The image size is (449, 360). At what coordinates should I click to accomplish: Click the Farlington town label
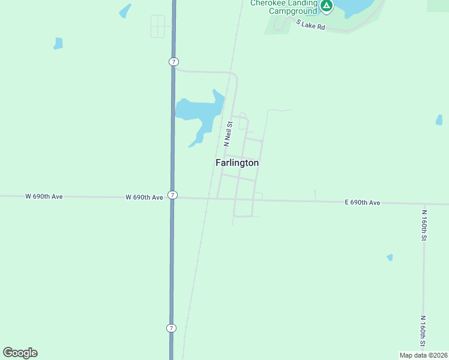tap(237, 163)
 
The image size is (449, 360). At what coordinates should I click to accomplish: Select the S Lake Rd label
tap(310, 25)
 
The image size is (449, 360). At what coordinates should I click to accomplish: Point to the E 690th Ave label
tap(363, 203)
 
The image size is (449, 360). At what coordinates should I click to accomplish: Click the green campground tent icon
tap(326, 6)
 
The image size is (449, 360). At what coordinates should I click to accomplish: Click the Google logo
tap(20, 353)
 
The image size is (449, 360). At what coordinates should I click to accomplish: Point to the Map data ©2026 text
tap(423, 355)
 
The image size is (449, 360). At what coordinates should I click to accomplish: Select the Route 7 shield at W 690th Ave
tap(172, 195)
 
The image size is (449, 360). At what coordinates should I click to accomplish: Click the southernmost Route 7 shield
tap(172, 328)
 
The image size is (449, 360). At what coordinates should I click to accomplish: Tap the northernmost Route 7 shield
tap(173, 62)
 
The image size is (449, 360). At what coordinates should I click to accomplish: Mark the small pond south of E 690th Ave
tap(390, 257)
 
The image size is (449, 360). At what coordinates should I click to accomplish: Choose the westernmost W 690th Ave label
tap(44, 196)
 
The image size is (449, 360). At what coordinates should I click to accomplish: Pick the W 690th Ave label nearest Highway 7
tap(144, 197)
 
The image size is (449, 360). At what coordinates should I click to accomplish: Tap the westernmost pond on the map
tap(58, 43)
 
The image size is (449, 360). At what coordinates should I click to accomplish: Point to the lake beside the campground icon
tap(354, 7)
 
